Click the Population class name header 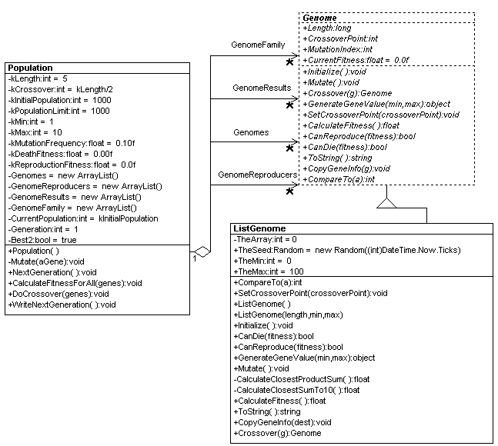click(30, 68)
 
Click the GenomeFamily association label click(258, 45)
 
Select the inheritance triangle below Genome click(387, 202)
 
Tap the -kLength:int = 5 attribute click(38, 78)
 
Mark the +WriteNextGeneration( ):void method click(62, 305)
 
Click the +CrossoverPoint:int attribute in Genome click(339, 38)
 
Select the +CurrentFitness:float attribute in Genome click(354, 60)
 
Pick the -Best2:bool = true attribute click(44, 240)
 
